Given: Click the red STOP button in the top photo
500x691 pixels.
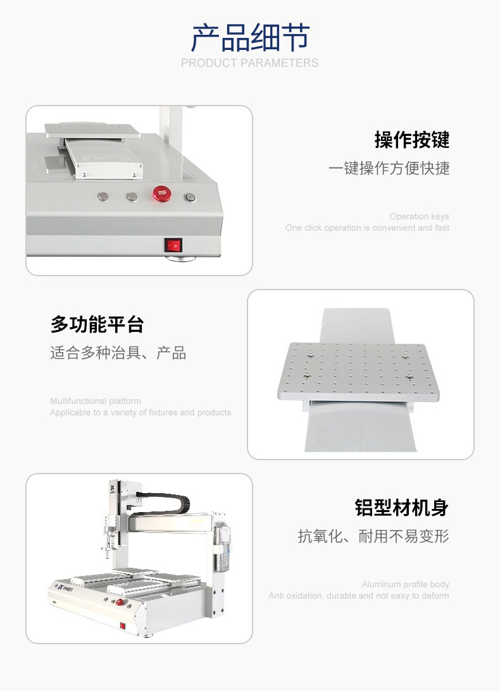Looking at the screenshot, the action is [162, 193].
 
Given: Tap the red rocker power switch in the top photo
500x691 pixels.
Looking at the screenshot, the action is [173, 245].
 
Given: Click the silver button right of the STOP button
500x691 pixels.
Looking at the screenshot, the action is [190, 197].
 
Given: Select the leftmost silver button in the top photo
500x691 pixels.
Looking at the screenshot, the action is [103, 196].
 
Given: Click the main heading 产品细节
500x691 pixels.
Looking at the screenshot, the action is [250, 39].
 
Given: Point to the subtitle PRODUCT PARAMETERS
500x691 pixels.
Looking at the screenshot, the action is [250, 63].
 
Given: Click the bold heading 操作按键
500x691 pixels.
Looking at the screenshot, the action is [412, 140].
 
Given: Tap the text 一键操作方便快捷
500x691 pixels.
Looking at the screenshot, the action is [389, 168].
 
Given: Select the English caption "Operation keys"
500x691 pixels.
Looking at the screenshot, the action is [419, 216].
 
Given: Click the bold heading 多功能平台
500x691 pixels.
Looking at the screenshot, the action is [97, 324].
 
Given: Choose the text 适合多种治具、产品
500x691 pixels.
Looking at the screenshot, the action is [118, 353].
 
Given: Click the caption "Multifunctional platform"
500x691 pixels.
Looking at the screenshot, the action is [96, 401].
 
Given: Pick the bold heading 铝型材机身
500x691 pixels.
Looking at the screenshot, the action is [402, 508].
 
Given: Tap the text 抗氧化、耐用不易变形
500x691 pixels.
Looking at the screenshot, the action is [373, 536].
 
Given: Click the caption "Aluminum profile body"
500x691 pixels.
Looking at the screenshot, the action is [405, 584].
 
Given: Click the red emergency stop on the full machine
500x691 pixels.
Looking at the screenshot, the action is [119, 602].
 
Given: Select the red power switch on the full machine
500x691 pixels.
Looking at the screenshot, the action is [123, 625].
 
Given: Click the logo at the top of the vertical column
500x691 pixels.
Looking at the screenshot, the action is [112, 487].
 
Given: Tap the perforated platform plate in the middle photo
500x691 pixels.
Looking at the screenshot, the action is [358, 371].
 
